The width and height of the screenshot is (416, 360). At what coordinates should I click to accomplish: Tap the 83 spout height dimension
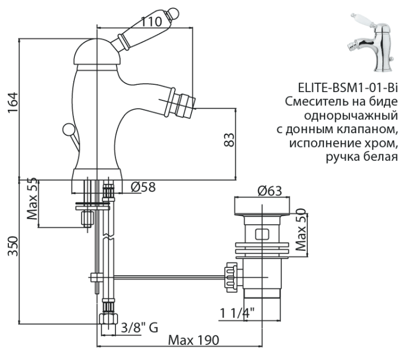click(x=228, y=139)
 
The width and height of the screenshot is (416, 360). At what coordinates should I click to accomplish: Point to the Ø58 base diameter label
click(x=143, y=187)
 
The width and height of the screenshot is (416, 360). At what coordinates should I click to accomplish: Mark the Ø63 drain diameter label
click(x=270, y=191)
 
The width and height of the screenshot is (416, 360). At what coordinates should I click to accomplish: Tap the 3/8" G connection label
click(x=139, y=327)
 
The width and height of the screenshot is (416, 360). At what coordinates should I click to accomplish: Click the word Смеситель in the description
click(x=312, y=102)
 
